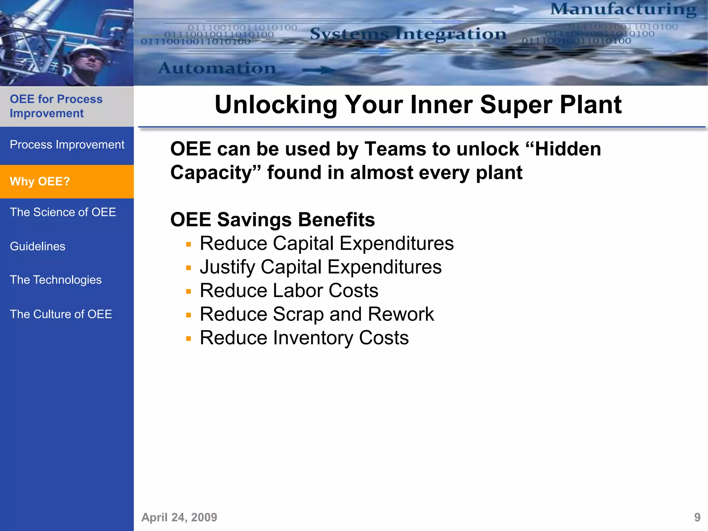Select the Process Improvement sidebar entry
click(x=67, y=145)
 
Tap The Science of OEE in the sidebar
click(x=63, y=212)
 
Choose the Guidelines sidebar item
click(x=37, y=246)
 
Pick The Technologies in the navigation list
click(x=56, y=280)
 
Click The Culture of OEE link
click(x=61, y=314)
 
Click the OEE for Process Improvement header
click(x=56, y=106)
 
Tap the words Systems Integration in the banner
click(x=408, y=34)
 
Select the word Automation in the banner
click(x=217, y=68)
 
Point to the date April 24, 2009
click(x=179, y=517)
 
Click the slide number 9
click(x=697, y=517)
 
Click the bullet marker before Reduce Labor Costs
click(x=188, y=291)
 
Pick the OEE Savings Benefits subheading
click(x=272, y=220)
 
